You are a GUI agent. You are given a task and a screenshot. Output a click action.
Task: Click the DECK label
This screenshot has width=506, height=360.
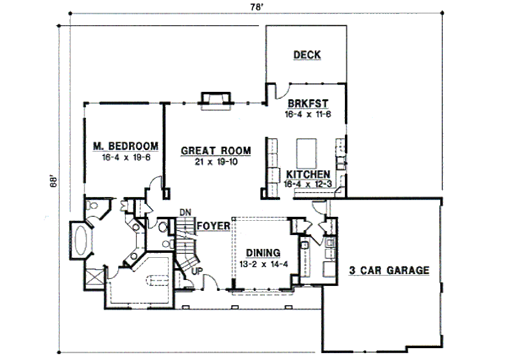click(307, 55)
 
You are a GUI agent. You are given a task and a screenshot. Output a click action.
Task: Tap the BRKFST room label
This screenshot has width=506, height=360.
click(308, 104)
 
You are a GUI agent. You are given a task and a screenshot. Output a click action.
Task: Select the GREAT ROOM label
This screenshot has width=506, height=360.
click(215, 151)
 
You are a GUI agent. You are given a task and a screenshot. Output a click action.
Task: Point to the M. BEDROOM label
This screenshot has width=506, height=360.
click(126, 146)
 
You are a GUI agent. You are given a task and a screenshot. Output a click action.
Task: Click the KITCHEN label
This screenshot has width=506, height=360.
click(308, 174)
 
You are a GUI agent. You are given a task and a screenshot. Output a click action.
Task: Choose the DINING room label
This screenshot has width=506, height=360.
click(263, 253)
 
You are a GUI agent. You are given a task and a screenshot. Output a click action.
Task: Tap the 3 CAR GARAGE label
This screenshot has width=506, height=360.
click(389, 270)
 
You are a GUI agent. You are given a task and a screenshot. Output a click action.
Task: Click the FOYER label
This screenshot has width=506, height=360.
click(213, 226)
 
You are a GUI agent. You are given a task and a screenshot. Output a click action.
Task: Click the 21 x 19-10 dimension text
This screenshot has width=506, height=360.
click(216, 161)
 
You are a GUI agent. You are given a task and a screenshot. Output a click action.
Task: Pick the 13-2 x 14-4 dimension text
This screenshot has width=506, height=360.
click(264, 264)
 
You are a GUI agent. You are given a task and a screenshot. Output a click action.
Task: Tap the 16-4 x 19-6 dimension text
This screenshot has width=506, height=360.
click(126, 158)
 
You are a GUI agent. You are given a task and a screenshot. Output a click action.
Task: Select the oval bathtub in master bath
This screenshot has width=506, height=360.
click(82, 239)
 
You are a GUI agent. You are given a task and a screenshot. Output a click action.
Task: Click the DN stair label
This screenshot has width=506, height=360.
click(185, 212)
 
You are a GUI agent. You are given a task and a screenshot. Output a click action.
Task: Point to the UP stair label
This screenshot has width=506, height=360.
click(197, 271)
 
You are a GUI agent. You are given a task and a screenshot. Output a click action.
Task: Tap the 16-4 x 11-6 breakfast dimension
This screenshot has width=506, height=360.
click(308, 114)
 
